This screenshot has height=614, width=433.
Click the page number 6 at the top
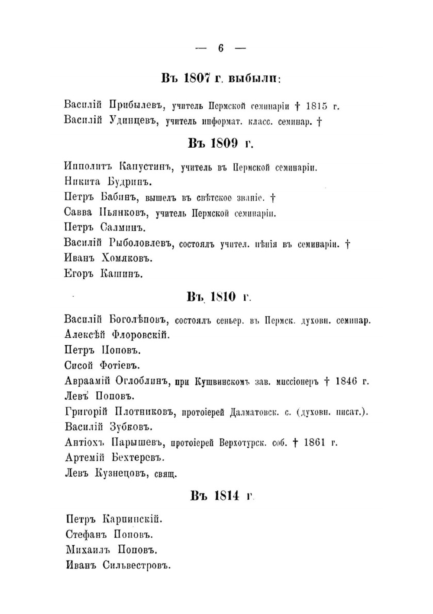[221, 48]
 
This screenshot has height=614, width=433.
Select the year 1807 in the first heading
[197, 78]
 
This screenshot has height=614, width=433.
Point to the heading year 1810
[223, 297]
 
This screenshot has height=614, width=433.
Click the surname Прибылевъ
[135, 105]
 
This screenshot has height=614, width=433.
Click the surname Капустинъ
[146, 167]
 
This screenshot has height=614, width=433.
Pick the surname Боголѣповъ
[139, 320]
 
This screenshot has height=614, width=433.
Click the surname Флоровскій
[141, 335]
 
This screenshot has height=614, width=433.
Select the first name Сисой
[79, 365]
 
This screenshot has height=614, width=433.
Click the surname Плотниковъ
[142, 412]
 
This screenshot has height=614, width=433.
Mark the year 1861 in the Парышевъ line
[315, 443]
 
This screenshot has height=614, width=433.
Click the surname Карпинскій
[132, 519]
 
